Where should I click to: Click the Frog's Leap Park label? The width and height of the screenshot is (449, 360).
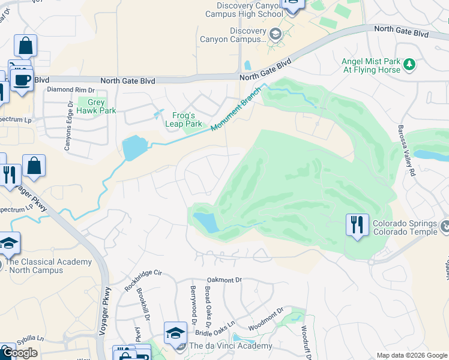tap(184, 119)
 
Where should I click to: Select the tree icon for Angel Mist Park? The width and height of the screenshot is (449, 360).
tap(409, 64)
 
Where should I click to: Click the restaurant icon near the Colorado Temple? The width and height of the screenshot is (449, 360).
tap(357, 226)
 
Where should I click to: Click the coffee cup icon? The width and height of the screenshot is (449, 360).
tap(22, 80)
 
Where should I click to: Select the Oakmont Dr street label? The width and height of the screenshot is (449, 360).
tap(224, 280)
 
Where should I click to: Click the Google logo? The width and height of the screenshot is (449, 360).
tap(20, 353)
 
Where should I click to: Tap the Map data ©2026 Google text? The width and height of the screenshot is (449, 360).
tap(412, 355)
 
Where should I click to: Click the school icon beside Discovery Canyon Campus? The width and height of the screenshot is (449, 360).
tap(275, 34)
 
